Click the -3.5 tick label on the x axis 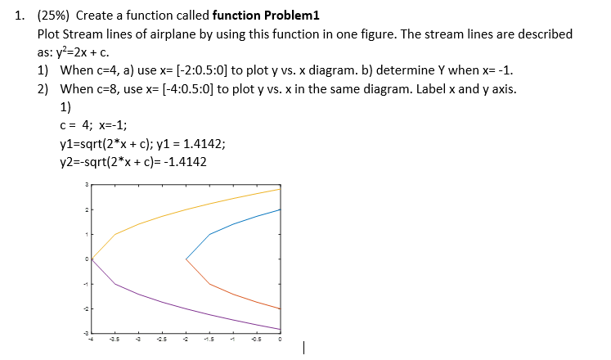click(x=115, y=339)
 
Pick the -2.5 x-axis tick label click(x=162, y=339)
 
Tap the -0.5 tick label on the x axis click(x=256, y=339)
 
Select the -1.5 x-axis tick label click(x=209, y=339)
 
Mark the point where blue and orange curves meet click(x=186, y=259)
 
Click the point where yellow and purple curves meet click(x=92, y=259)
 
